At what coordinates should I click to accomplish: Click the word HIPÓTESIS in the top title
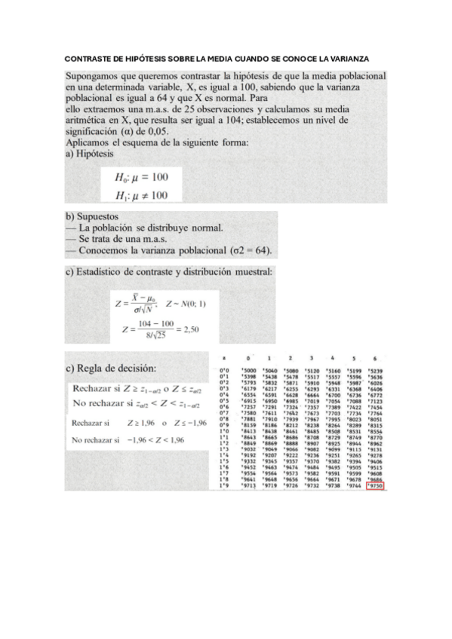[x=150, y=58]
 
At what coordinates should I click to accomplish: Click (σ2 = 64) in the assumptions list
[x=249, y=249]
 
